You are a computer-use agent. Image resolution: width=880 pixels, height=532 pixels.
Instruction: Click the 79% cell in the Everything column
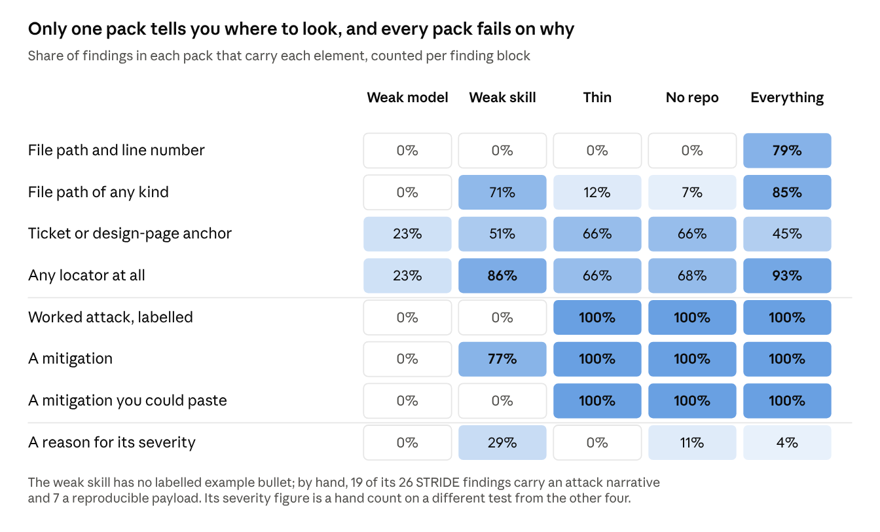coord(787,151)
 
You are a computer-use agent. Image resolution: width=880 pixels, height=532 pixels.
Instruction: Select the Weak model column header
coord(407,98)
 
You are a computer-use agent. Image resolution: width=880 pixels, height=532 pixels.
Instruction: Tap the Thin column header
coord(597,98)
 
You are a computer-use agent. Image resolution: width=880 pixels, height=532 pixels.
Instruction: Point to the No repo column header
coord(692,98)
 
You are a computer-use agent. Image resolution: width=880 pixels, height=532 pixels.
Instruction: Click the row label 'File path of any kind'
coord(98,192)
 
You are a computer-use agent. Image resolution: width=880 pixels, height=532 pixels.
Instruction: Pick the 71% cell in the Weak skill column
coord(502,192)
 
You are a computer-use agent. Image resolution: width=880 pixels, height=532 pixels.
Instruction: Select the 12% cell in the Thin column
coord(597,192)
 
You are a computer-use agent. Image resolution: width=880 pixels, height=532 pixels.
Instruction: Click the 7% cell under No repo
coord(692,192)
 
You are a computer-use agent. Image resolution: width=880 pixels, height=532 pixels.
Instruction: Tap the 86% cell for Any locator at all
coord(502,276)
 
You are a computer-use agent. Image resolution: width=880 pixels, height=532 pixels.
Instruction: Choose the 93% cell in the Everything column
coord(787,276)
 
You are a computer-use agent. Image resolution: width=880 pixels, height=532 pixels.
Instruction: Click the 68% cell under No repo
coord(692,276)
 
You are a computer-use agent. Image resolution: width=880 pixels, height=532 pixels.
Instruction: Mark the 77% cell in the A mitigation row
coord(502,359)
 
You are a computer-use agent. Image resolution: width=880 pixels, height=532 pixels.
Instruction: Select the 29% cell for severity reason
coord(502,443)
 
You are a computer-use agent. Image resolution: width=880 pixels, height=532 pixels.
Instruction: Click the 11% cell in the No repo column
coord(692,443)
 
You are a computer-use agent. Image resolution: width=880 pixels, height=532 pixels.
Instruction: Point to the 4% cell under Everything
coord(787,443)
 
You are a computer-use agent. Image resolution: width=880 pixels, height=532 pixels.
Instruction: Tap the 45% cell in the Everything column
coord(787,234)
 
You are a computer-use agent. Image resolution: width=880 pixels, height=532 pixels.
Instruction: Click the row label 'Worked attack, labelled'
coord(111,317)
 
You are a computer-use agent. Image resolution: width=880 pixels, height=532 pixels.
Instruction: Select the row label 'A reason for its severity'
coord(111,443)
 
